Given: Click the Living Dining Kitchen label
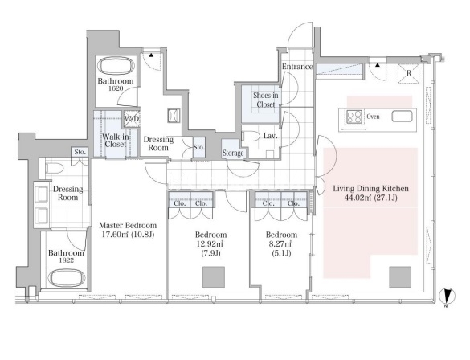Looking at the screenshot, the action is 371,189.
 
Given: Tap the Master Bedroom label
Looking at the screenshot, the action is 128,226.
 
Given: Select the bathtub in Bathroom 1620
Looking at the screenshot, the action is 116,65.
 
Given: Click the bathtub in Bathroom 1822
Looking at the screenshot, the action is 67,278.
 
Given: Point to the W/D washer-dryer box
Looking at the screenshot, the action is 132,119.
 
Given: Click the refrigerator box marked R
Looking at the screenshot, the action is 409,73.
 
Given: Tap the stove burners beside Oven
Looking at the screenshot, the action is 354,117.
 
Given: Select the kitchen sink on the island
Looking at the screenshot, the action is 403,117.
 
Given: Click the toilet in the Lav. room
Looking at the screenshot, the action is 251,136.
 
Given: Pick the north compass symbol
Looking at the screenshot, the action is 448,296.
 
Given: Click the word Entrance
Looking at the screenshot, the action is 297,67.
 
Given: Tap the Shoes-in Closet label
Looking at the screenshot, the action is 266,100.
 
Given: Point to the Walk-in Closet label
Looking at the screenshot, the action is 116,141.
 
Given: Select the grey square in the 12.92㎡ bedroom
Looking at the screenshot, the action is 214,277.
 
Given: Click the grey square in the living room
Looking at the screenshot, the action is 400,277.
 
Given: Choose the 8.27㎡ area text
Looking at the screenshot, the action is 281,243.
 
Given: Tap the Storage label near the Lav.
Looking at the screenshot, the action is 233,153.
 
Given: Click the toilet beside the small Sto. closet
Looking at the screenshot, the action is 55,168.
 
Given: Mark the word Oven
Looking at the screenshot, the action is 373,117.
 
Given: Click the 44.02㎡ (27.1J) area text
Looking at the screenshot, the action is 371,198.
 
